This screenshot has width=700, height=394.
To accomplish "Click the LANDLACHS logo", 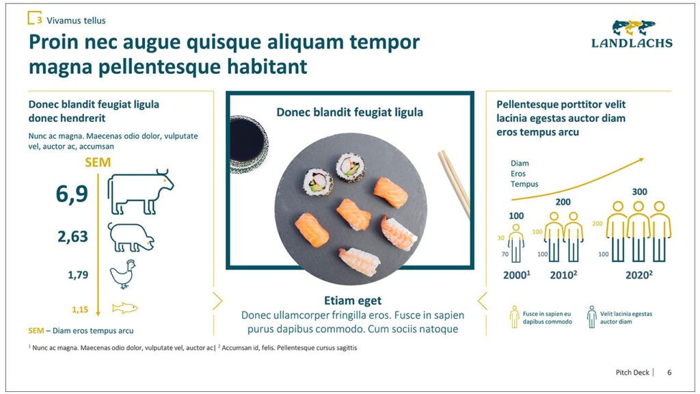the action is [x=632, y=34].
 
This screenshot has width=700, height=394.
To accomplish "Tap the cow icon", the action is [x=140, y=192].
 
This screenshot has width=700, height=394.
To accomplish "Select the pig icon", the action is [x=131, y=237].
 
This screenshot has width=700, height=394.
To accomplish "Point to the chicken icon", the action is [x=123, y=274].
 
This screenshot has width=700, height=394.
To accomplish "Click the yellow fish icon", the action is [x=124, y=308].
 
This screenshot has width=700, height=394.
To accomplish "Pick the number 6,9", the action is [x=72, y=194].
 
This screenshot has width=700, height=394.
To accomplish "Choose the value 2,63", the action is [x=72, y=236].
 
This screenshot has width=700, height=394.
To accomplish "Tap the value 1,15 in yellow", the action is [x=80, y=309].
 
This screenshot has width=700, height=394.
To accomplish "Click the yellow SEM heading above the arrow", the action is [x=98, y=162].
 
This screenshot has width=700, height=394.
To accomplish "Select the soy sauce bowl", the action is [x=248, y=144].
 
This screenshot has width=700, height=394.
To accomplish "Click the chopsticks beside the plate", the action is [x=455, y=183].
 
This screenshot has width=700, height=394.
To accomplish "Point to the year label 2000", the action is [x=515, y=275].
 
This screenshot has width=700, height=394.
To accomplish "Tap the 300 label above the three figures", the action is [x=639, y=192].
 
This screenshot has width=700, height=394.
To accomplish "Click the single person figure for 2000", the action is [x=516, y=244].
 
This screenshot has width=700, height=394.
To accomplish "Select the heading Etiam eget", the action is [x=353, y=301].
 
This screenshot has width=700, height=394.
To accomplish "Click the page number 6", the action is [x=669, y=372].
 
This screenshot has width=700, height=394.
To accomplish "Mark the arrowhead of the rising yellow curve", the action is [x=641, y=159].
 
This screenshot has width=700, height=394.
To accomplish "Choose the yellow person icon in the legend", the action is [x=515, y=317].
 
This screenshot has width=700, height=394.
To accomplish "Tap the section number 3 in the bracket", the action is [x=40, y=20].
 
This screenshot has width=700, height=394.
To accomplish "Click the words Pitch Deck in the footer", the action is [x=632, y=372].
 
